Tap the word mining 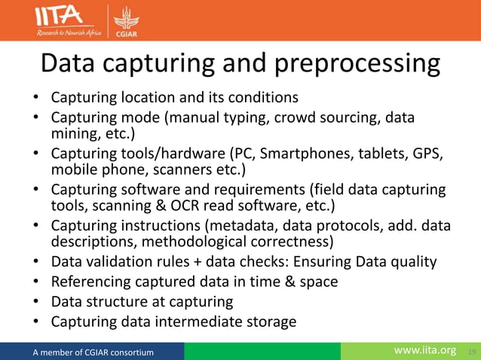(x=74, y=136)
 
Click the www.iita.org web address (x=426, y=351)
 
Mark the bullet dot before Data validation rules (x=36, y=263)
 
